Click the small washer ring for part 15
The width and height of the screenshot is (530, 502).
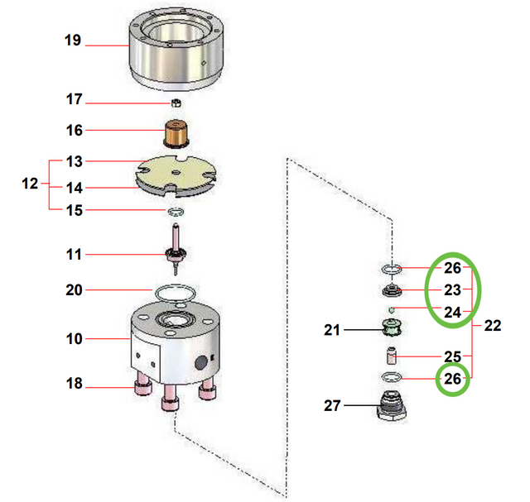(175, 212)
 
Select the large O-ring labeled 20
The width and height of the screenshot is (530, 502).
(174, 291)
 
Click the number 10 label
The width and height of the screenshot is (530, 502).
(74, 339)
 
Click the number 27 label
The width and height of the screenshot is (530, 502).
(332, 405)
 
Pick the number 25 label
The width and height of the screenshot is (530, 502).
(452, 356)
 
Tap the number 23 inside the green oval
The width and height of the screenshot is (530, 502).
(452, 290)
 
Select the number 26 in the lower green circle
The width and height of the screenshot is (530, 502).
(452, 380)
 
